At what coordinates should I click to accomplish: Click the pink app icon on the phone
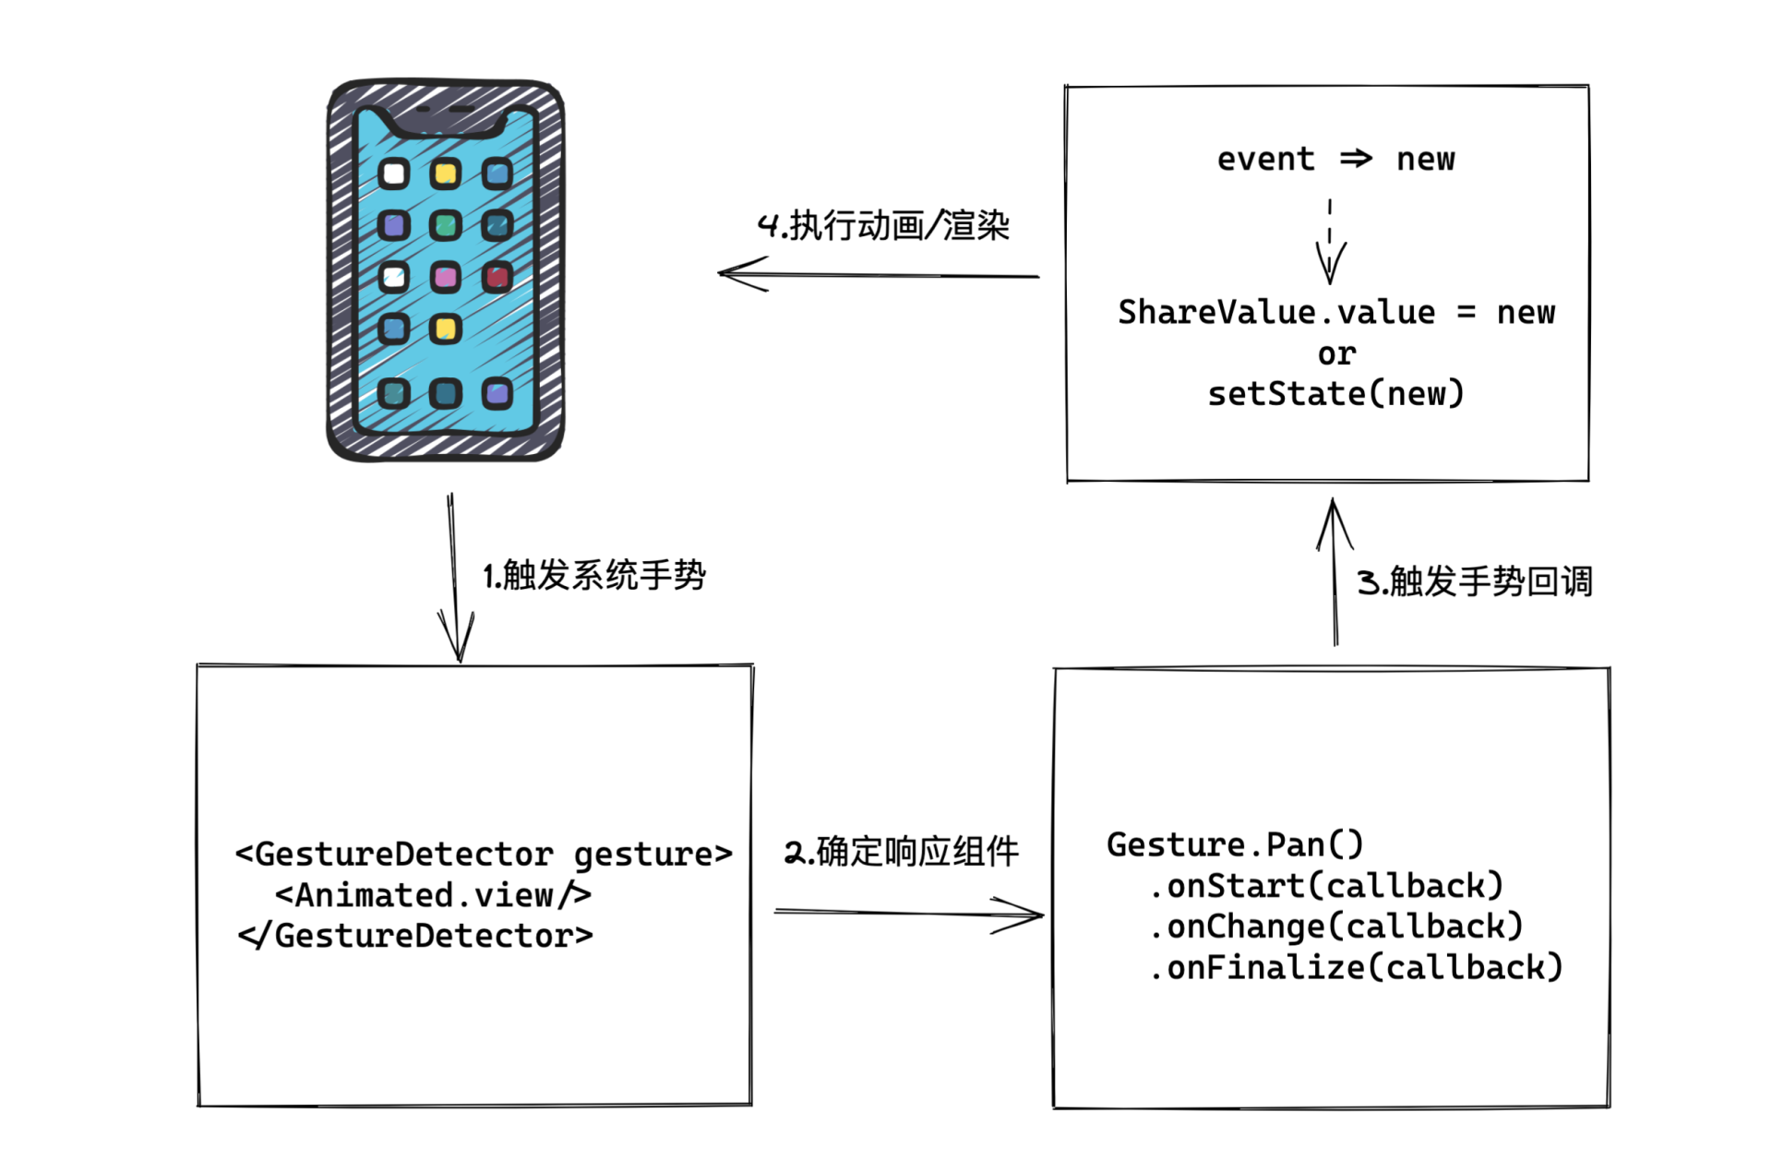446,277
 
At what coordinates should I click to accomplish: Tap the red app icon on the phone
497,277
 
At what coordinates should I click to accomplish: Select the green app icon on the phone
446,225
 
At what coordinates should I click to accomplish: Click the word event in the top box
1265,159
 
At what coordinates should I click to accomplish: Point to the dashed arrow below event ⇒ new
1330,242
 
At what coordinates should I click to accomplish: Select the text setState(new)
1335,394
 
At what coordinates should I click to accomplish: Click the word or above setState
1336,353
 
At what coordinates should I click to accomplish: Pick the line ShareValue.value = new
1335,313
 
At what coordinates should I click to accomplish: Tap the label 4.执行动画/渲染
883,226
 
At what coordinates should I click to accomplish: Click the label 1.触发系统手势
594,576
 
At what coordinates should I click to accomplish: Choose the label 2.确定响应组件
901,852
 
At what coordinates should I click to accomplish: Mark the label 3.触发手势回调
1474,581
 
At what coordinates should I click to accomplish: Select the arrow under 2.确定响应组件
909,914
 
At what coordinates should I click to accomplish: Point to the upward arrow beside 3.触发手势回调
1335,572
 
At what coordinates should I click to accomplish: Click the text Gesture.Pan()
1235,844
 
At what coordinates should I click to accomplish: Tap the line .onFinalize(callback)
1356,967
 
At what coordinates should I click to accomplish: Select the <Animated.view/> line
433,895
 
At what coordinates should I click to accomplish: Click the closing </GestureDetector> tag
416,936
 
